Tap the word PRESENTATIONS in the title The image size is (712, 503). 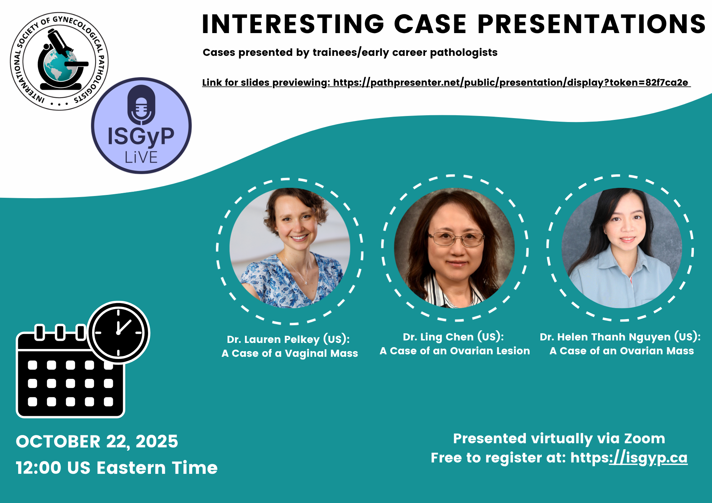591,24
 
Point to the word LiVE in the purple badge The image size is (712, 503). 141,157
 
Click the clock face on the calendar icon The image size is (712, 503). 118,333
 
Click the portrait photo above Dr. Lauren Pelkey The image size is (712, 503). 290,248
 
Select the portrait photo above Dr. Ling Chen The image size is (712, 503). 454,248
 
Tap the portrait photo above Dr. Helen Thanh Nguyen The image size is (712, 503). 622,248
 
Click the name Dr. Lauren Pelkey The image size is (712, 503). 273,339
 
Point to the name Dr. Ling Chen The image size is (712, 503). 438,337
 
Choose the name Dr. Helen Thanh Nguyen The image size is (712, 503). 605,337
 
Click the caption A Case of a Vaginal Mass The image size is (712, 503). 290,353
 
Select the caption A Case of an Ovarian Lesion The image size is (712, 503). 455,351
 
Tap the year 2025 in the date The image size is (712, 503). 157,441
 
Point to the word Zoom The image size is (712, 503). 644,439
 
